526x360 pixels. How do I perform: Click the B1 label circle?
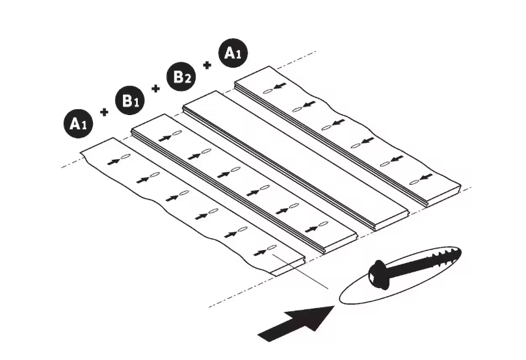point(130,100)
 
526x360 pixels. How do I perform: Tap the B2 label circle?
point(181,77)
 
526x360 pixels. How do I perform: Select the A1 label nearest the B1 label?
point(78,123)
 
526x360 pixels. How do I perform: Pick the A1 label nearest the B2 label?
point(233,53)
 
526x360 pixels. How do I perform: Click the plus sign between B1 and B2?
point(155,88)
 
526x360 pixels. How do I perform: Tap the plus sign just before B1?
point(104,112)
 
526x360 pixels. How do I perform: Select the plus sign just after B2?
point(207,65)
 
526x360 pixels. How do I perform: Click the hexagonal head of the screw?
point(378,275)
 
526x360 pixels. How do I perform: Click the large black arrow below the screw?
point(296,324)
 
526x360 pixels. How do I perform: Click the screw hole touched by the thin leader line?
point(272,248)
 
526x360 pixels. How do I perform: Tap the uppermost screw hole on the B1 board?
point(177,133)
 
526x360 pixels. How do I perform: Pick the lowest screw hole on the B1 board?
point(323,224)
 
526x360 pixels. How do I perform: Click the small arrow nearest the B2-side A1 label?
point(280,86)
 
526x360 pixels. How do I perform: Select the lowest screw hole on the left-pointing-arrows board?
point(415,182)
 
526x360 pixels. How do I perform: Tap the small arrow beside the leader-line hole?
point(260,252)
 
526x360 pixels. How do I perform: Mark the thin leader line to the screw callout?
point(300,272)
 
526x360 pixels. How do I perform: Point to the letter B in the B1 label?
point(127,99)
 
